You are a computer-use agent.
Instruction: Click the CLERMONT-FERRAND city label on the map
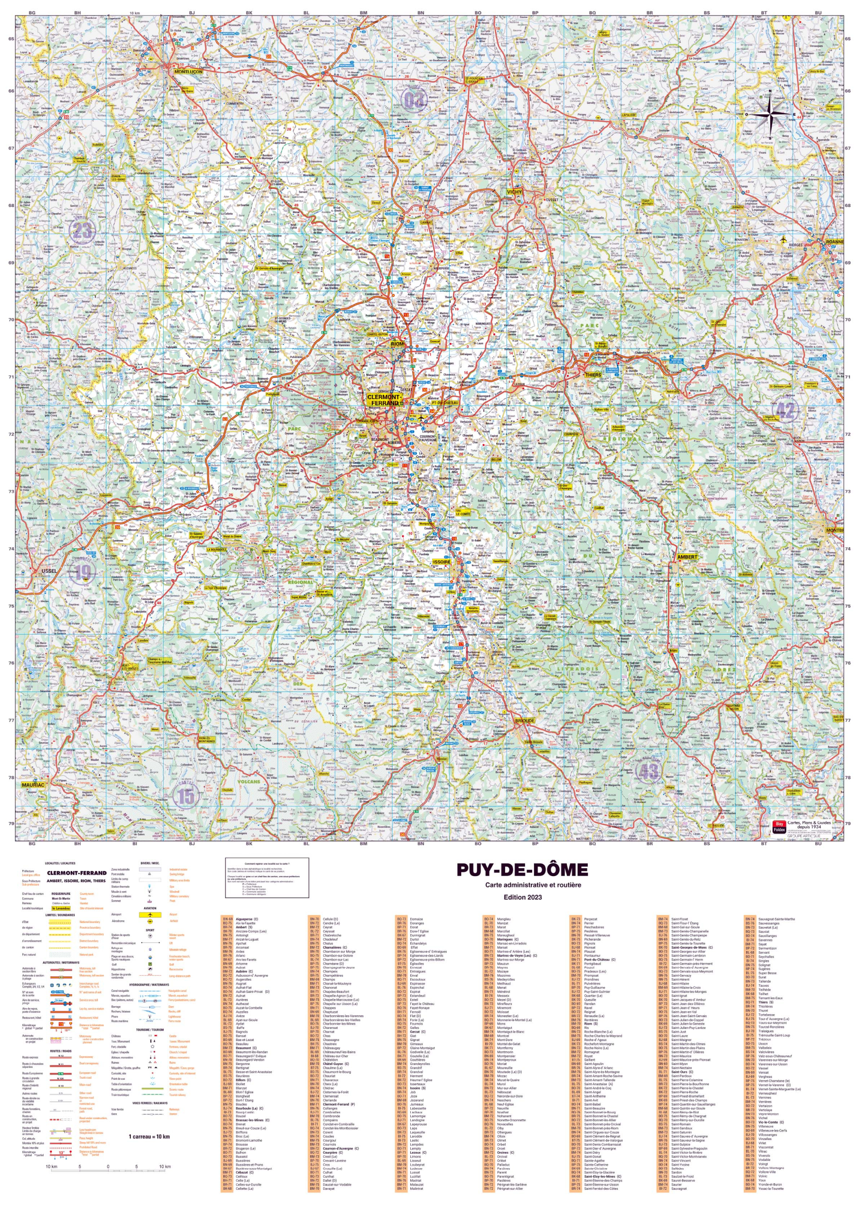click(x=385, y=400)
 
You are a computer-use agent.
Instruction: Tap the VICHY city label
click(x=514, y=192)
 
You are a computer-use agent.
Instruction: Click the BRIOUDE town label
click(x=525, y=721)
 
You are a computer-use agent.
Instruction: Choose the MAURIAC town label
click(x=33, y=785)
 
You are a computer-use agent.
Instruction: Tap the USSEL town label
click(x=49, y=571)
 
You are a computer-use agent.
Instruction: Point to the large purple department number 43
click(x=648, y=772)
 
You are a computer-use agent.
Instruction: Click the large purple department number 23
click(x=82, y=231)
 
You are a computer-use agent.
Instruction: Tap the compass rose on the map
click(x=770, y=113)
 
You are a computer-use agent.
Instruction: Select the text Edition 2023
click(x=522, y=897)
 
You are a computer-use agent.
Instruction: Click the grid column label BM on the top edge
click(x=363, y=12)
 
